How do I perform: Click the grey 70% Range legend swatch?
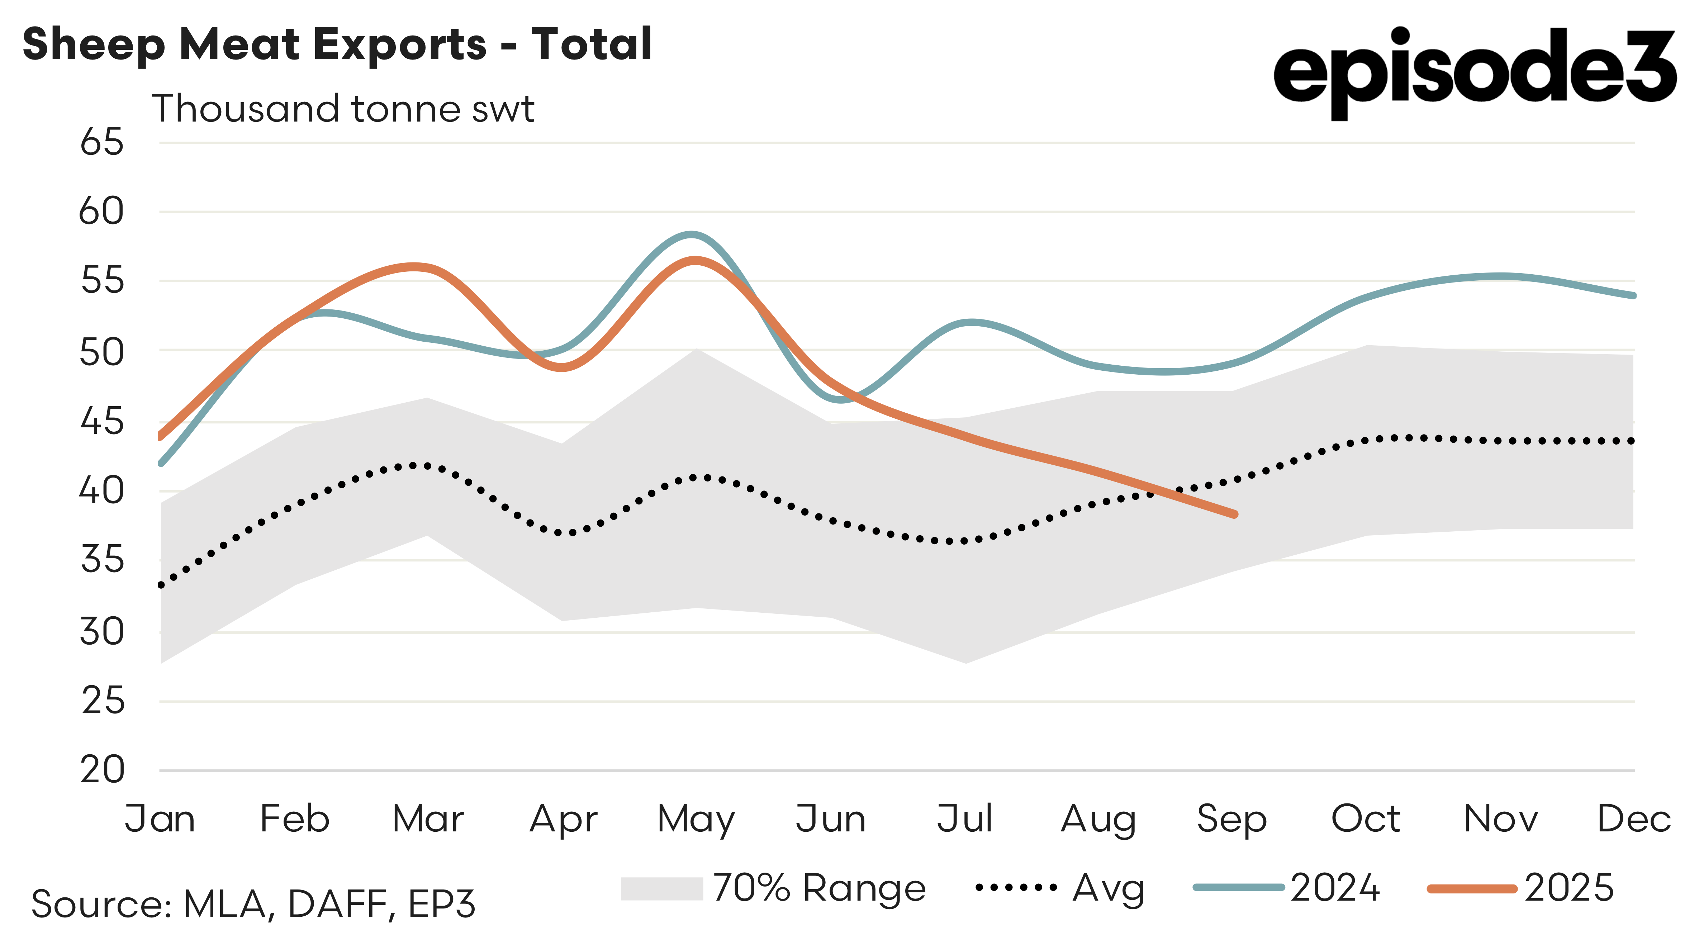click(661, 888)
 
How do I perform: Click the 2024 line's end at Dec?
click(1633, 295)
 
